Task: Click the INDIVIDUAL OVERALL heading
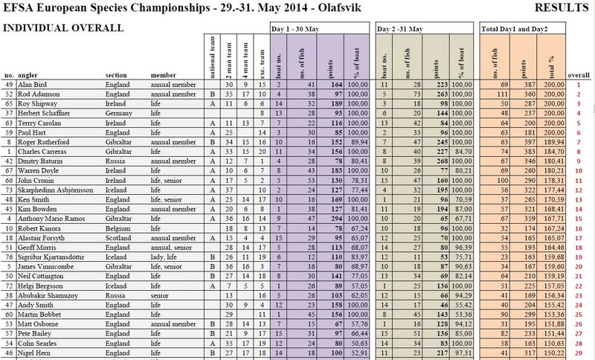click(x=63, y=28)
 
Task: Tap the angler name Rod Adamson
click(x=39, y=94)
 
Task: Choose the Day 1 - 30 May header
click(x=301, y=28)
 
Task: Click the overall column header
click(x=578, y=75)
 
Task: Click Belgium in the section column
click(x=119, y=228)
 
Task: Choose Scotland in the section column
click(x=120, y=237)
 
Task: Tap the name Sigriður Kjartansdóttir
click(x=52, y=256)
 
